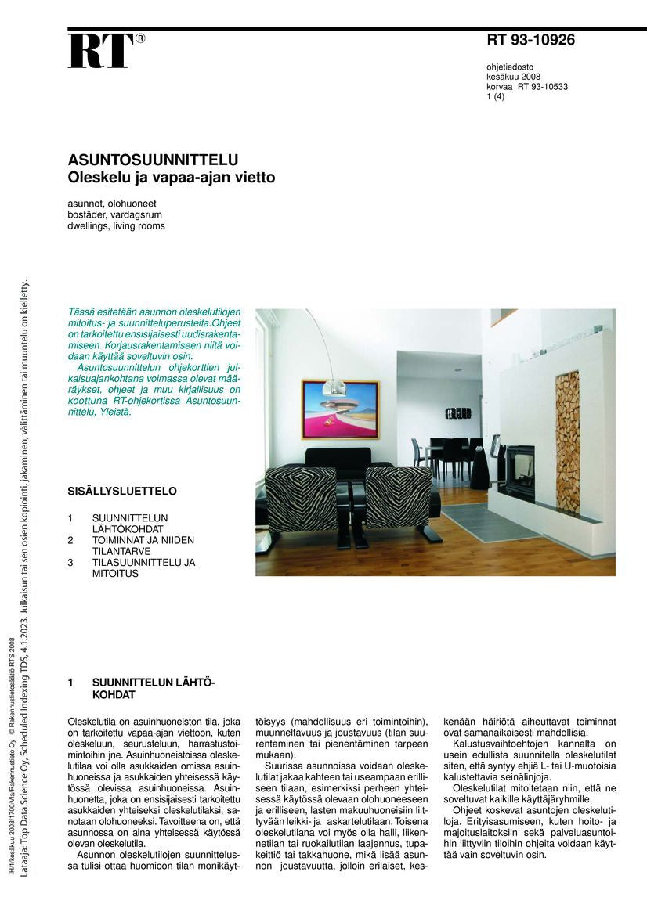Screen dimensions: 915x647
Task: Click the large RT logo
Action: (x=100, y=51)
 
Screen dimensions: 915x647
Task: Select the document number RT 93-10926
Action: (x=530, y=40)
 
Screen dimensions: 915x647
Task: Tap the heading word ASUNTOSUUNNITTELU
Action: (x=153, y=160)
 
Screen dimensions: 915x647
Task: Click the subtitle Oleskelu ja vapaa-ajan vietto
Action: (x=171, y=178)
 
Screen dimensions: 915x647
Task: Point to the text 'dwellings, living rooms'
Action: (x=116, y=226)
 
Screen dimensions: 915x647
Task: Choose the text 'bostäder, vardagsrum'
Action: (x=114, y=214)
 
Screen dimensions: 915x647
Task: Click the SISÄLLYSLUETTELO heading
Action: (x=121, y=492)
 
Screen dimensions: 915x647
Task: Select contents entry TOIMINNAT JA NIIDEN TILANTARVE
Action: (x=143, y=546)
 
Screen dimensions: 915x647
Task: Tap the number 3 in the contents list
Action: (x=70, y=562)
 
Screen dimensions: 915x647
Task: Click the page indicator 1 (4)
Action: (x=496, y=97)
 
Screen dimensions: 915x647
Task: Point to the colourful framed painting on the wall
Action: (x=339, y=409)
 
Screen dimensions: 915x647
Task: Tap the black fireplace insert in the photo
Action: (x=518, y=470)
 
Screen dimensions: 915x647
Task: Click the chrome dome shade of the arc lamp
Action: (x=334, y=386)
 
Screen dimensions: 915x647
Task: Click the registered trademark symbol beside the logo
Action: (x=140, y=38)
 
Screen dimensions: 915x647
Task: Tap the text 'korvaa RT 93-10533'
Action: (x=526, y=87)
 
